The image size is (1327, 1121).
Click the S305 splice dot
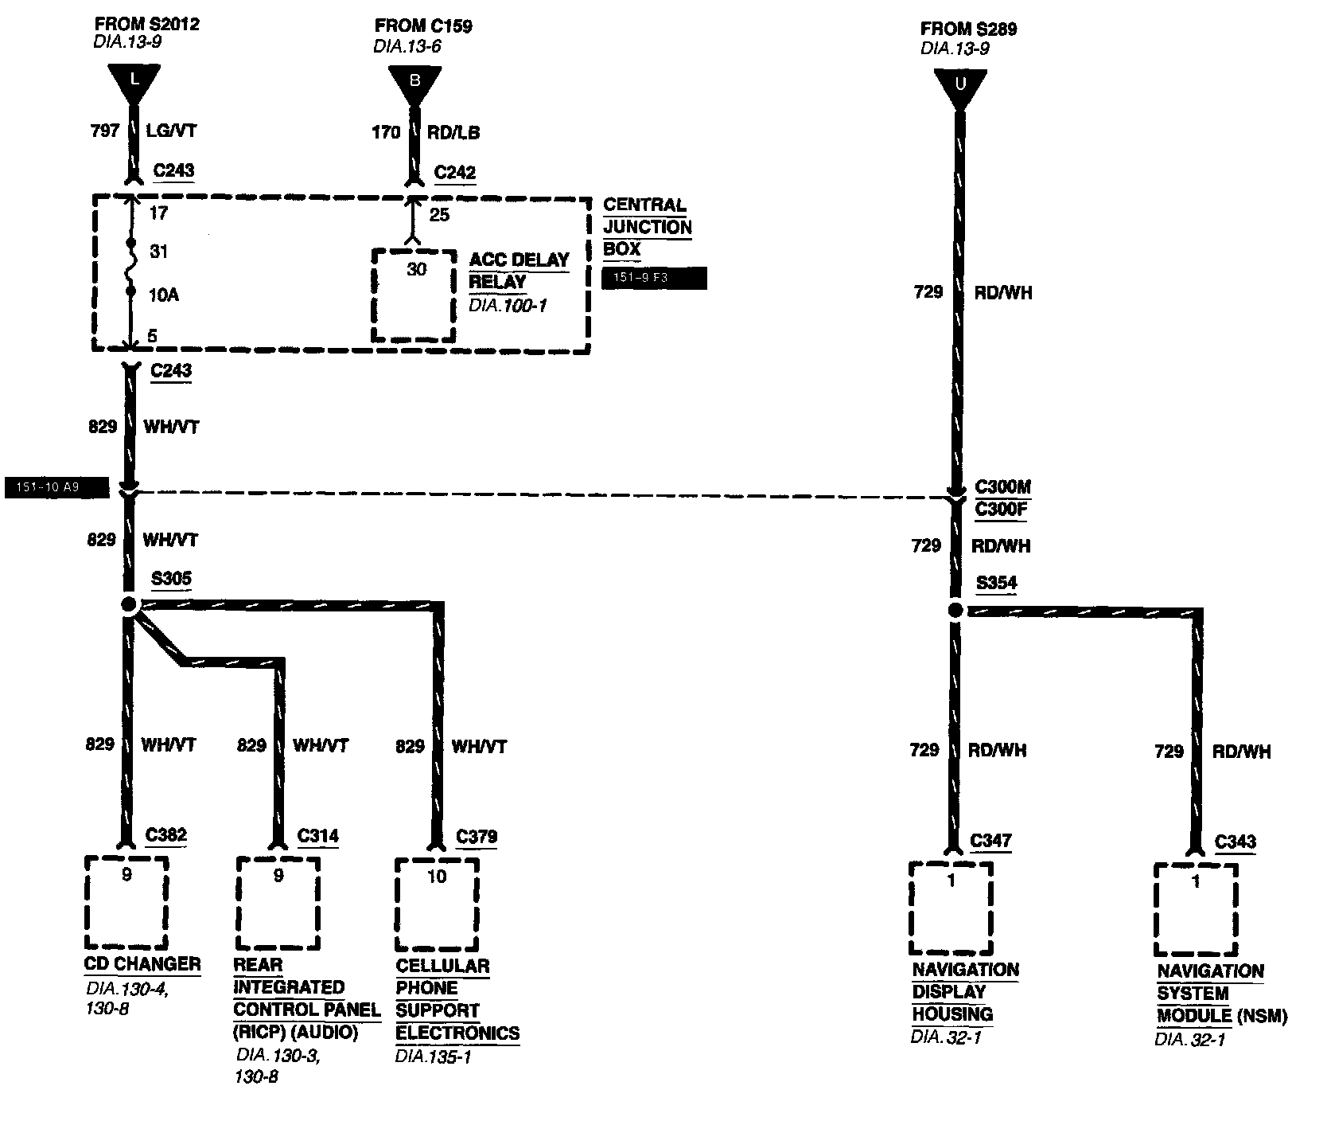pyautogui.click(x=130, y=605)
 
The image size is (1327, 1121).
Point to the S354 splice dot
pyautogui.click(x=955, y=611)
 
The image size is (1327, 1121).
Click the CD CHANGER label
pyautogui.click(x=142, y=964)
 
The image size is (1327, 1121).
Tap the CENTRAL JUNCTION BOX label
pyautogui.click(x=647, y=227)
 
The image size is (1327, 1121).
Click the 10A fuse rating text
pyautogui.click(x=163, y=295)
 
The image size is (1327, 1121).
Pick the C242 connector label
pyautogui.click(x=455, y=173)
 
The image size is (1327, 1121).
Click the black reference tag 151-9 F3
pyautogui.click(x=654, y=279)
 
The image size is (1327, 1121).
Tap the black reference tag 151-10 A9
pyautogui.click(x=56, y=487)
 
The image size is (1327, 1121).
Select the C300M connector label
pyautogui.click(x=1002, y=487)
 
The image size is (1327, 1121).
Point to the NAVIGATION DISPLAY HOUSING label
pyautogui.click(x=964, y=992)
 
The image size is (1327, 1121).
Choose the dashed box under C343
pyautogui.click(x=1196, y=909)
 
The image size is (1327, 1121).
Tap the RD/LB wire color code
pyautogui.click(x=453, y=132)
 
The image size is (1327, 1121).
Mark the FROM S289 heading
pyautogui.click(x=968, y=29)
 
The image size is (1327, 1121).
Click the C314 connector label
pyautogui.click(x=317, y=836)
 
